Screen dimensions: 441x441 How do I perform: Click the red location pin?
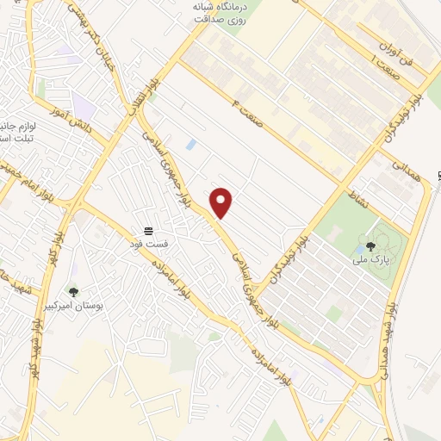click(x=222, y=202)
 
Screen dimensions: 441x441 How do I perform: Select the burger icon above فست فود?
click(x=149, y=231)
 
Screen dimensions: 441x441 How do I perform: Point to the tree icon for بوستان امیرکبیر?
click(x=73, y=292)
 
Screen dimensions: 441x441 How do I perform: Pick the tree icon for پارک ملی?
click(x=371, y=245)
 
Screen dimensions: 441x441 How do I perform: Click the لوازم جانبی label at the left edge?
click(x=16, y=124)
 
